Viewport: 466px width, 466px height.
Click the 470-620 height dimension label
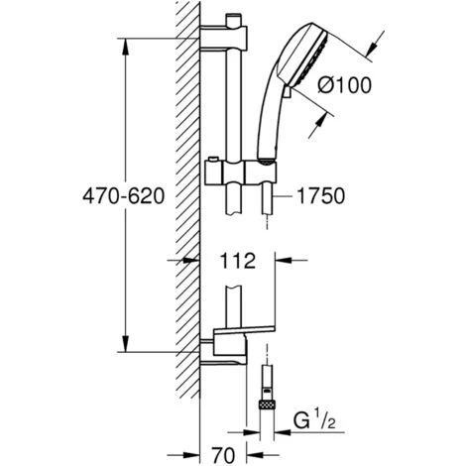[123, 196]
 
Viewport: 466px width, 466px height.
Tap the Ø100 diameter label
[345, 85]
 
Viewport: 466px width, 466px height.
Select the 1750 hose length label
[321, 196]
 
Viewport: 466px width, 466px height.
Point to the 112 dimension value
[238, 261]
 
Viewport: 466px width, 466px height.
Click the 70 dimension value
[223, 455]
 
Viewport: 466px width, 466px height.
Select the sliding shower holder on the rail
[241, 173]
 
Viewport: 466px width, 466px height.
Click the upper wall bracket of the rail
[224, 37]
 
